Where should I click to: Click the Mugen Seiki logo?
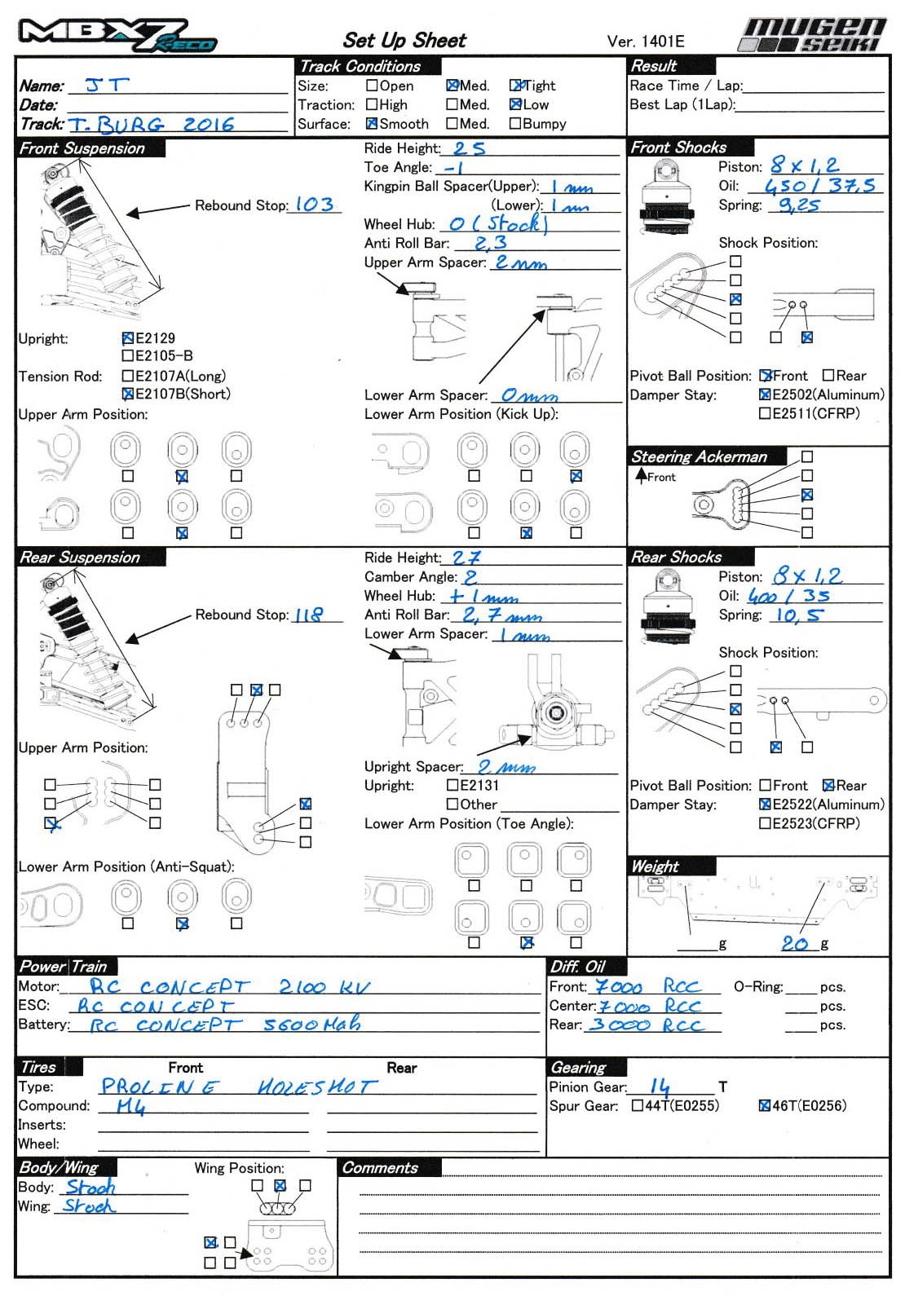click(x=813, y=35)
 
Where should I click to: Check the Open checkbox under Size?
click(x=372, y=85)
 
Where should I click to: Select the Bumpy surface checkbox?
click(x=515, y=124)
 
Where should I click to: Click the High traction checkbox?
click(x=372, y=104)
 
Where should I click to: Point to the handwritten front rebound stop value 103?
click(x=314, y=205)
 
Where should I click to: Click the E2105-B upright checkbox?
click(x=127, y=355)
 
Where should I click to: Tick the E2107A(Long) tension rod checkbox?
click(x=127, y=376)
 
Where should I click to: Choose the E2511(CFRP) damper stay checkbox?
click(x=765, y=413)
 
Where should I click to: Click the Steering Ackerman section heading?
click(x=699, y=457)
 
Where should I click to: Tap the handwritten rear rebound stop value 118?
click(x=308, y=615)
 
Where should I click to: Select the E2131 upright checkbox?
click(x=452, y=785)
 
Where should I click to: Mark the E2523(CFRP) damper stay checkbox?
click(x=765, y=823)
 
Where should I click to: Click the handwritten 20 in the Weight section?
click(x=795, y=943)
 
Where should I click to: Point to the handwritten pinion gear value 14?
click(x=660, y=1086)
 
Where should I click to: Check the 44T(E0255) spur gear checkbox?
click(x=637, y=1106)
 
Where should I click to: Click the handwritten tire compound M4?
click(x=130, y=1105)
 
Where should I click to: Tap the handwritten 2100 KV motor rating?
click(x=324, y=987)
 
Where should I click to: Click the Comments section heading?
click(x=380, y=1168)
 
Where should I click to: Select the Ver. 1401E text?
click(x=646, y=42)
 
